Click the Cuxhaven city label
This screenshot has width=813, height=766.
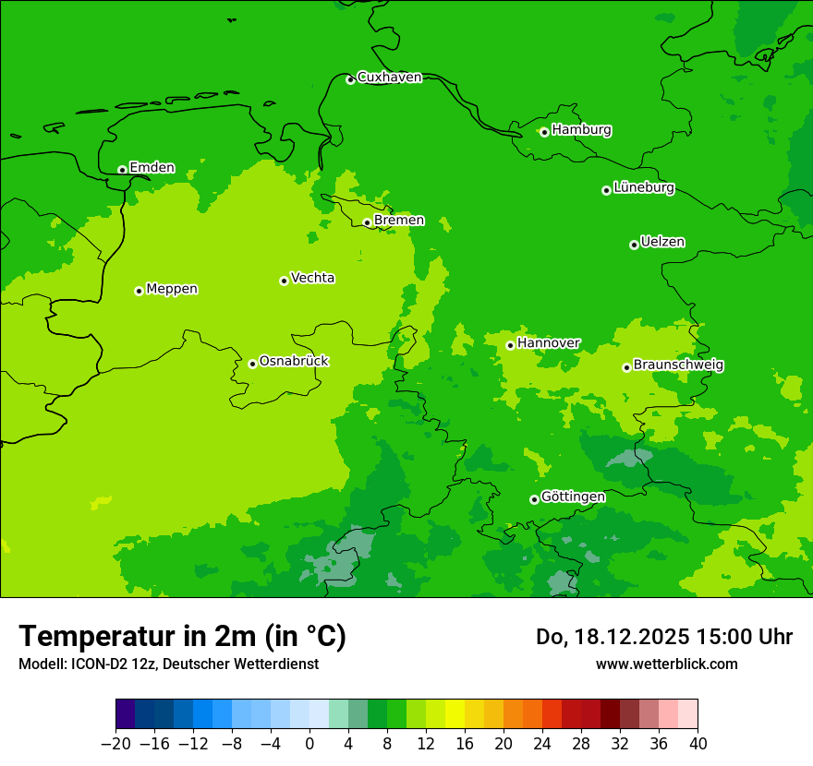(x=389, y=78)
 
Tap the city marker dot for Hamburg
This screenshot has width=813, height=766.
(x=544, y=132)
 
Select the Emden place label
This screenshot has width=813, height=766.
(x=152, y=168)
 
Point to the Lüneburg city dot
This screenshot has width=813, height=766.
(x=606, y=190)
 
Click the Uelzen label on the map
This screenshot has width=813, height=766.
(x=662, y=242)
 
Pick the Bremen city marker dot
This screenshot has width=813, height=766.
(x=367, y=222)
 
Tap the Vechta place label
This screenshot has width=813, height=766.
(x=312, y=278)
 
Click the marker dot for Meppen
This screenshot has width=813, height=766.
(x=139, y=291)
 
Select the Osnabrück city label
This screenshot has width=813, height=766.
(x=294, y=361)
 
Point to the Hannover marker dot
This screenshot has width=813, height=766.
(x=510, y=345)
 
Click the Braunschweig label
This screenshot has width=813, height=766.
(x=678, y=365)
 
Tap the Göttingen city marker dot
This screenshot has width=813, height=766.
(x=534, y=499)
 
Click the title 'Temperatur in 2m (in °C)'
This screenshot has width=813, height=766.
(x=182, y=636)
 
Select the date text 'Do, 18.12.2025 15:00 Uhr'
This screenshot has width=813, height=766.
(x=664, y=637)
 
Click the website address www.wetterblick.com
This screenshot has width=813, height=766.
(x=666, y=664)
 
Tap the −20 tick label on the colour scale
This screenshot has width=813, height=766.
(x=115, y=744)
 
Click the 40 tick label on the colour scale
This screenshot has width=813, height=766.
(x=698, y=744)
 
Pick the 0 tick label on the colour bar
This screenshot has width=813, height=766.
(x=309, y=744)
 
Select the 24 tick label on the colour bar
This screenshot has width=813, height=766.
(x=542, y=744)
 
